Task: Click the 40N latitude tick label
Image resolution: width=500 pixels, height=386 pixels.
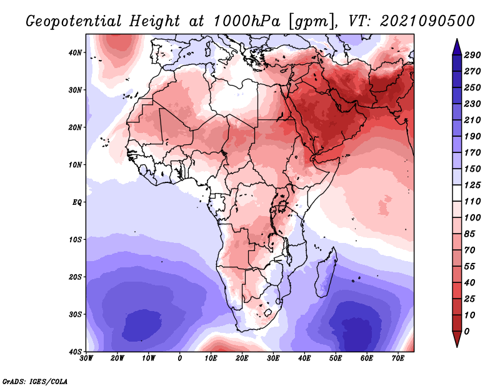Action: pos(76,52)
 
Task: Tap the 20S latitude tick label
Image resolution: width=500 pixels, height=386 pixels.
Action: pos(76,277)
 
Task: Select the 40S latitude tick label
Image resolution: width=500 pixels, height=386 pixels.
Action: pos(76,352)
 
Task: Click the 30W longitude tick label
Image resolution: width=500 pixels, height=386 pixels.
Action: pos(86,358)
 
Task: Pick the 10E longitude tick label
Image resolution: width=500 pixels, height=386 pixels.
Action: pos(211,358)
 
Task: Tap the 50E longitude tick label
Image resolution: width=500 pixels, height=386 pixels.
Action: pos(336,358)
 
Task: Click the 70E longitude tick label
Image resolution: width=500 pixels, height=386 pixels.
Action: pos(397,358)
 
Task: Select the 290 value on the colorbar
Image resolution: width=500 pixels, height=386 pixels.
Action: pos(472,55)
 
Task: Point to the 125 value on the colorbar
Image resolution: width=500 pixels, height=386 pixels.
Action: pos(472,186)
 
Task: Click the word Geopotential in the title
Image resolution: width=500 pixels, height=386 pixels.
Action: pos(72,21)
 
